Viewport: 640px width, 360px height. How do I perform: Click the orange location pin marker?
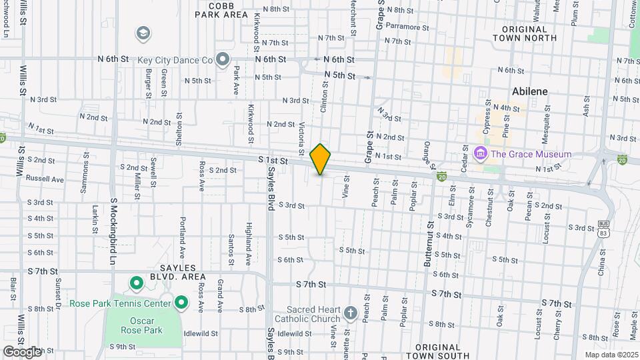pyautogui.click(x=321, y=159)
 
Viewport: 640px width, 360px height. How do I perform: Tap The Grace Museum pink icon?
pyautogui.click(x=479, y=155)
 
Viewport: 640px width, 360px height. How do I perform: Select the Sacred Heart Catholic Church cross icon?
pyautogui.click(x=351, y=312)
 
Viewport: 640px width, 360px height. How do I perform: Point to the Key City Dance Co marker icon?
pyautogui.click(x=223, y=60)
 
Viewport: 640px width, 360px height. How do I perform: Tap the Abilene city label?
pyautogui.click(x=530, y=92)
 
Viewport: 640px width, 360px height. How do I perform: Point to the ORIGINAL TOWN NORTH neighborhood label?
pyautogui.click(x=525, y=33)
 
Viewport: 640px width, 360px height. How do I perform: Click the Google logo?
pyautogui.click(x=22, y=352)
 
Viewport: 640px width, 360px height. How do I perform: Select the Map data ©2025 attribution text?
pyautogui.click(x=611, y=355)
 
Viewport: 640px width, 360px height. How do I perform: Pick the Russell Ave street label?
pyautogui.click(x=44, y=179)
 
